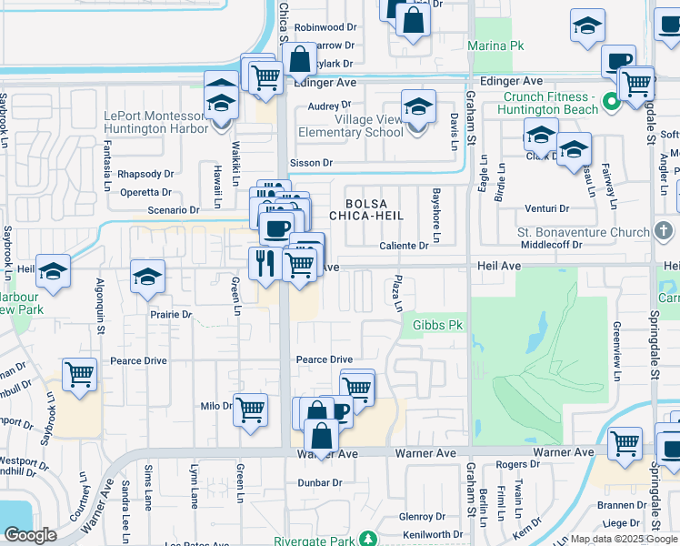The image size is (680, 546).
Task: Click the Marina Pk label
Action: [x=496, y=45]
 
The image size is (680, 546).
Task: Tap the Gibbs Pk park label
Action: [x=438, y=325]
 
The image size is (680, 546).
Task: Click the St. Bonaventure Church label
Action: [x=584, y=233]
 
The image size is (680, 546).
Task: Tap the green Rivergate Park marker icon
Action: [x=367, y=537]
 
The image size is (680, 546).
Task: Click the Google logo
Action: [x=31, y=535]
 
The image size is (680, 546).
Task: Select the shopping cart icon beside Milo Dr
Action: [x=251, y=409]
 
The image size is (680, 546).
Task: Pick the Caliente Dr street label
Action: [x=405, y=246]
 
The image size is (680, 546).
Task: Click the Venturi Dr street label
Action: [x=545, y=208]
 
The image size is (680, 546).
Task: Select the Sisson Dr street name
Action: [x=311, y=163]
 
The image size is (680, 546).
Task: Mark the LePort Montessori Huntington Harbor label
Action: [x=155, y=122]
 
